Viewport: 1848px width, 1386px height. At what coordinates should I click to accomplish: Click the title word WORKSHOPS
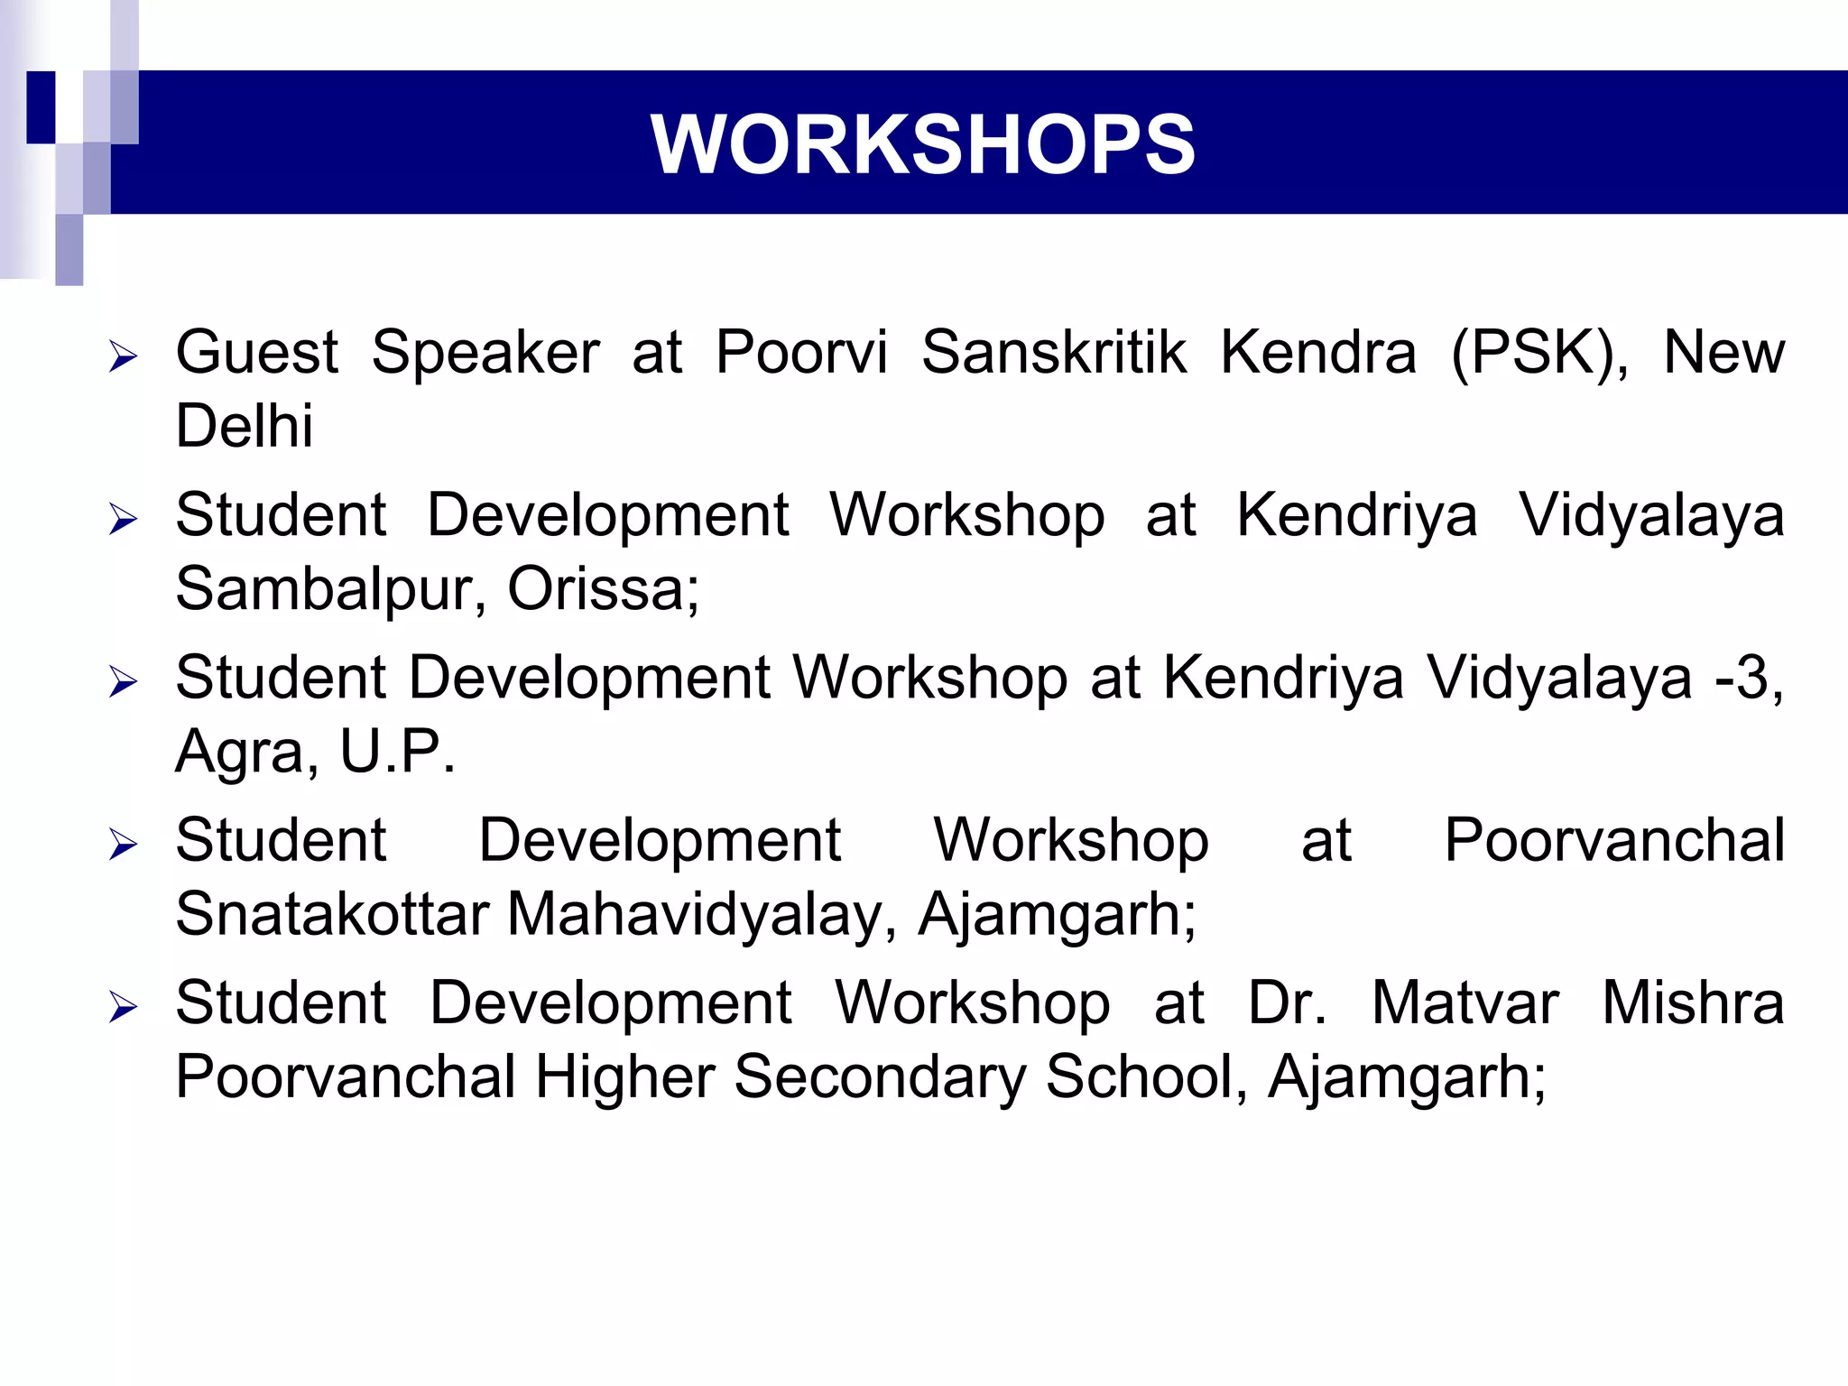pyautogui.click(x=922, y=144)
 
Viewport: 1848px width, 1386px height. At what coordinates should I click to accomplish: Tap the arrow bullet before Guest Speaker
pyautogui.click(x=123, y=357)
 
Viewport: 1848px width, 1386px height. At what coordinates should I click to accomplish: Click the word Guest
pyautogui.click(x=257, y=352)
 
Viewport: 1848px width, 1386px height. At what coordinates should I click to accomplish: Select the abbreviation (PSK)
pyautogui.click(x=1539, y=354)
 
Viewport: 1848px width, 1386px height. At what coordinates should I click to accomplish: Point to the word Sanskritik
pyautogui.click(x=1053, y=352)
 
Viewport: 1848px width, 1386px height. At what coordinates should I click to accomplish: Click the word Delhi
pyautogui.click(x=245, y=426)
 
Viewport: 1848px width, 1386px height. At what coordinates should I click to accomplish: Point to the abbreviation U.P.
pyautogui.click(x=397, y=752)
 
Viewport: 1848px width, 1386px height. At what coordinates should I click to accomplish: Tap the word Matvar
pyautogui.click(x=1465, y=1003)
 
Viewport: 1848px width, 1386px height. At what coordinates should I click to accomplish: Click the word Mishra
pyautogui.click(x=1693, y=1003)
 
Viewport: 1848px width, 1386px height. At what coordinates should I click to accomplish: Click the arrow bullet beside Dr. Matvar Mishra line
pyautogui.click(x=123, y=1007)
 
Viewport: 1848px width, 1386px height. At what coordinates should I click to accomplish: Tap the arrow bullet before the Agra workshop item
pyautogui.click(x=123, y=682)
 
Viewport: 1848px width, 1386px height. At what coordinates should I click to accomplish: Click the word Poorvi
pyautogui.click(x=801, y=352)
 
